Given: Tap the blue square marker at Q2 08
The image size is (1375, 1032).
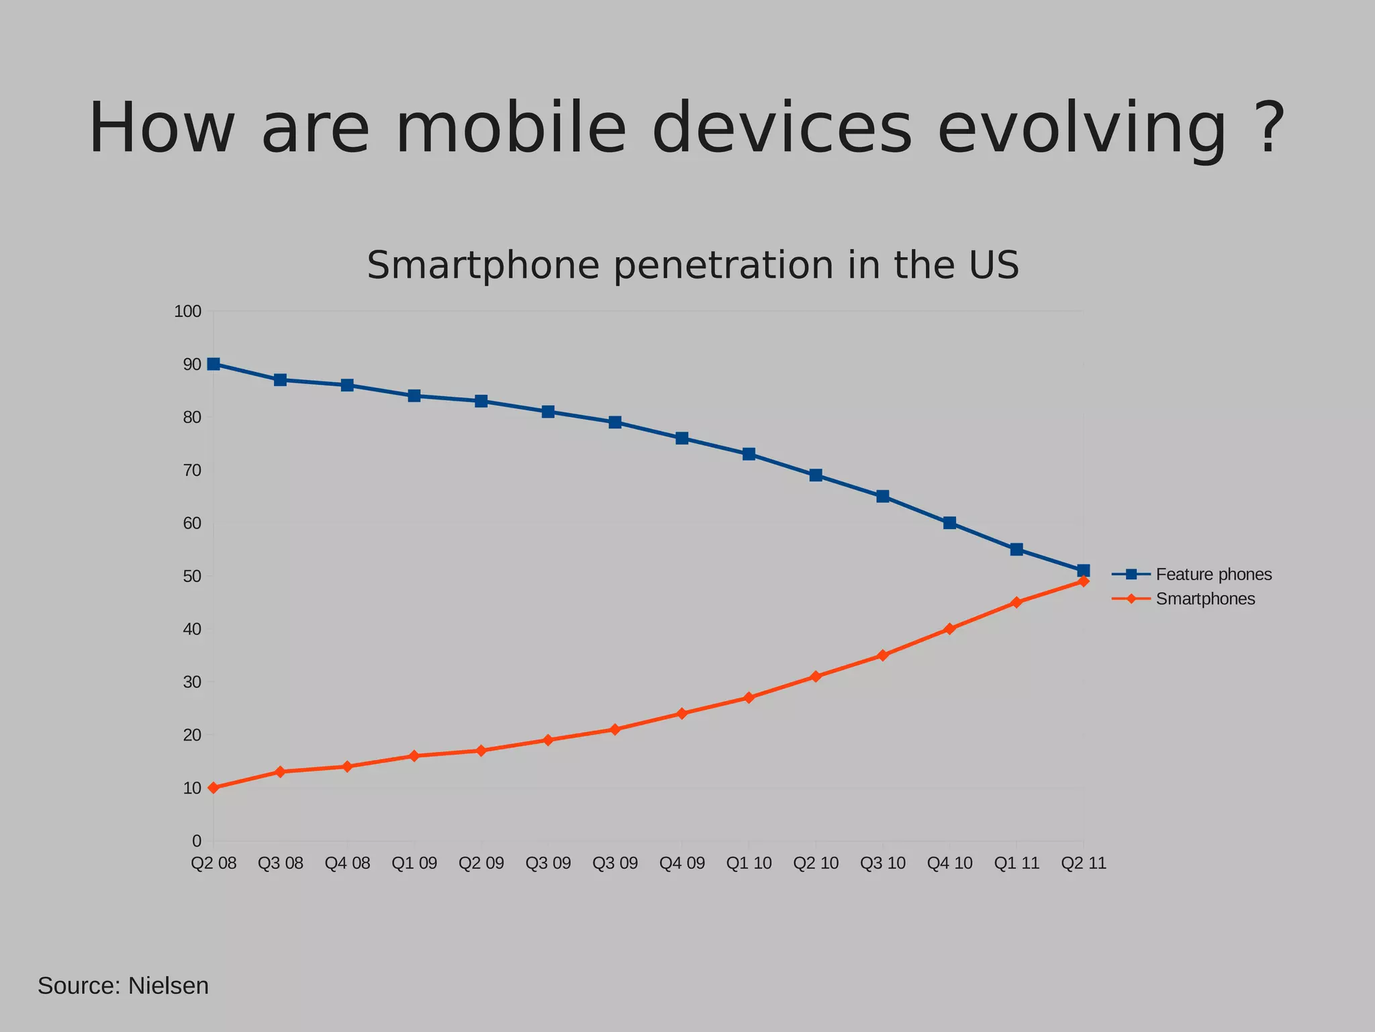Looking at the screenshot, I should pyautogui.click(x=214, y=364).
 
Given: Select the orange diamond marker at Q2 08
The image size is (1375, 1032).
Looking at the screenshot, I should pyautogui.click(x=214, y=788).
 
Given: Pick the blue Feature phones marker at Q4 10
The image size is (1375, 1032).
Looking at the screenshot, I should pyautogui.click(x=949, y=523).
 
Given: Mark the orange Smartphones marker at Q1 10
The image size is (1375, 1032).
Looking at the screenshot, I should pyautogui.click(x=749, y=698).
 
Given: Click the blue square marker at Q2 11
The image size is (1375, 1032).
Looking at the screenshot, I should pyautogui.click(x=1083, y=571).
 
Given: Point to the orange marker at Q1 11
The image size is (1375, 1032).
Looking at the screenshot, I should pyautogui.click(x=1016, y=602).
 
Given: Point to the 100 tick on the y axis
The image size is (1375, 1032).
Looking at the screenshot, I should pyautogui.click(x=188, y=312).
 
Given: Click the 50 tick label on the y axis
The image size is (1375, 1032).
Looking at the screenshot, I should pyautogui.click(x=192, y=576).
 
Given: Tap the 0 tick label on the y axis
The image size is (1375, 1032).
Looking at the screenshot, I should pyautogui.click(x=197, y=841).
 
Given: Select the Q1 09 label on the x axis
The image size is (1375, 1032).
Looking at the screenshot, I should pyautogui.click(x=414, y=863).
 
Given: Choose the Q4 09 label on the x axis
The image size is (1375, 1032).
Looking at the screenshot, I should pyautogui.click(x=682, y=863).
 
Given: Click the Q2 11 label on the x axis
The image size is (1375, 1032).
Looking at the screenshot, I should pyautogui.click(x=1083, y=863).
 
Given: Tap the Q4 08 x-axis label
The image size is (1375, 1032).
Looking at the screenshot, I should pyautogui.click(x=347, y=863).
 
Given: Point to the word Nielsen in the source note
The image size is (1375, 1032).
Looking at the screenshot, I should pyautogui.click(x=168, y=986).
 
